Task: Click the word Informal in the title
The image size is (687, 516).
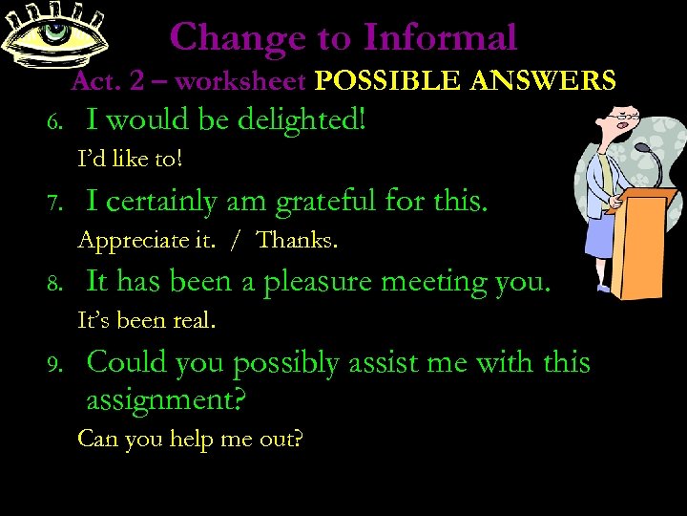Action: (439, 37)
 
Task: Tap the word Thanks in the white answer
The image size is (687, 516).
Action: (297, 240)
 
